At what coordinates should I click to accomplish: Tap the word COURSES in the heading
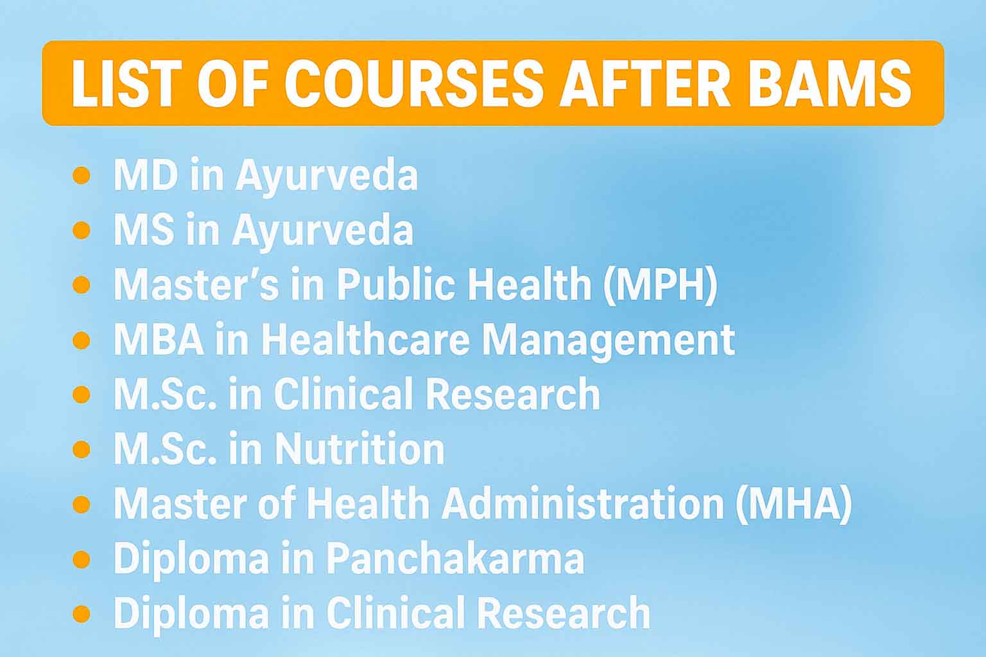click(x=414, y=83)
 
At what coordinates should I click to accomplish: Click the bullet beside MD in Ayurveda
click(x=82, y=175)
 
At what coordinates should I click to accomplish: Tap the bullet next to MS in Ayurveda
click(x=82, y=230)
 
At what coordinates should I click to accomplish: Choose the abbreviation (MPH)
click(x=661, y=284)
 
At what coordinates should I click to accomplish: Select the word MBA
click(x=159, y=339)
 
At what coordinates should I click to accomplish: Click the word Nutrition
click(x=359, y=449)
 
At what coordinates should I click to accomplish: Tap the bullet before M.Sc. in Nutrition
click(x=82, y=449)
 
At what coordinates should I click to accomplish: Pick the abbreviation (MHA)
click(x=794, y=504)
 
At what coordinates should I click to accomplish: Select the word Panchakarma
click(x=456, y=558)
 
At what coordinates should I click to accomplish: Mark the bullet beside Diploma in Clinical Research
click(x=82, y=614)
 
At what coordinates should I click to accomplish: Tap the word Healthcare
click(x=366, y=339)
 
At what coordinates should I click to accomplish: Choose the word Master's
click(x=196, y=284)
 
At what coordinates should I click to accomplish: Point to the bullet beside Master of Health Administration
click(x=82, y=504)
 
